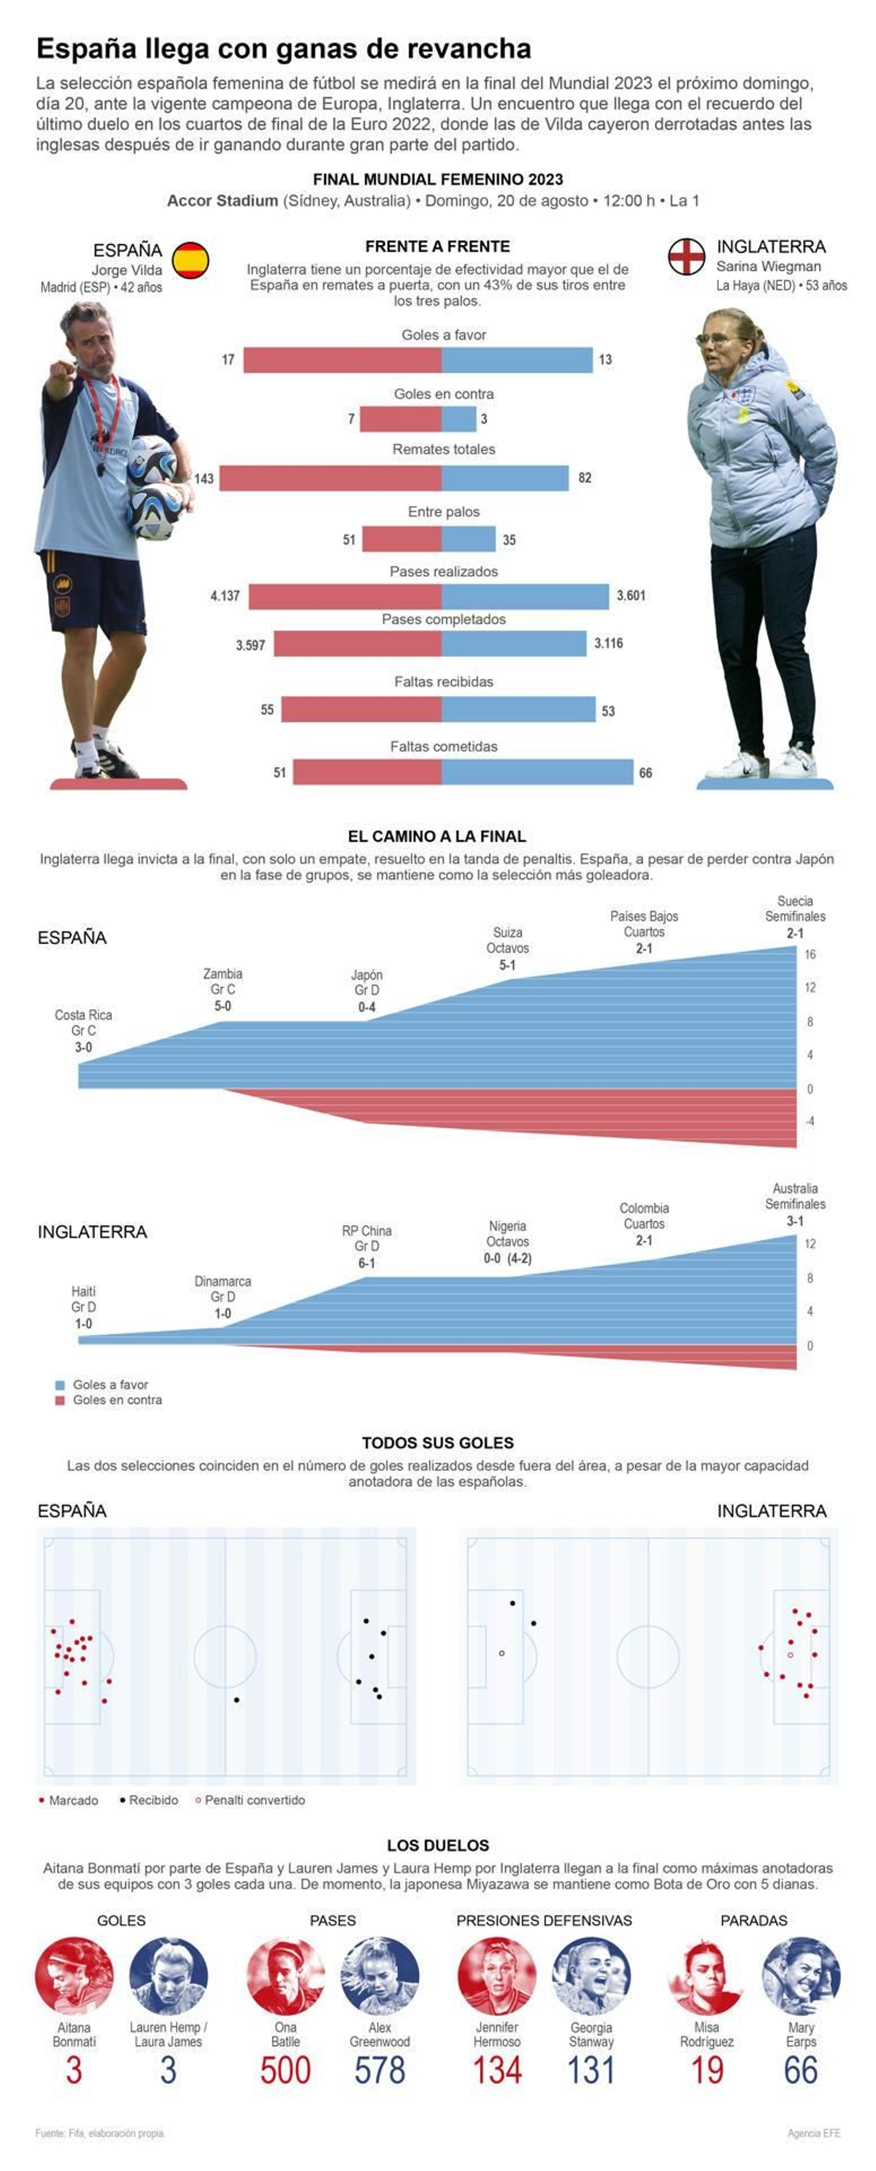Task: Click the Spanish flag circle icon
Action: point(191,260)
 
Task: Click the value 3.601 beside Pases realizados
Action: point(631,595)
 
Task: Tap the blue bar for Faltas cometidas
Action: point(537,772)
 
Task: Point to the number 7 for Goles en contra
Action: point(351,419)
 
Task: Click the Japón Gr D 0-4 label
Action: point(366,990)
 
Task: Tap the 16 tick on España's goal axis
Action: point(809,954)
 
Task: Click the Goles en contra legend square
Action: point(60,1400)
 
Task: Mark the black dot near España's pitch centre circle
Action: point(237,1700)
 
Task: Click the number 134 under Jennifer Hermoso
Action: point(497,2070)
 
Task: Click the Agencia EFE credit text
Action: point(813,2133)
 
